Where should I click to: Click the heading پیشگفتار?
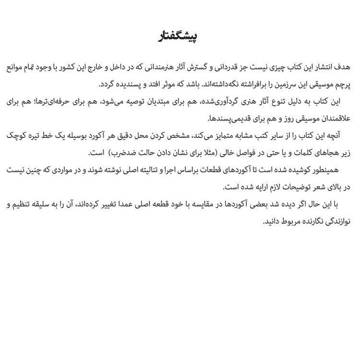[180, 37]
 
